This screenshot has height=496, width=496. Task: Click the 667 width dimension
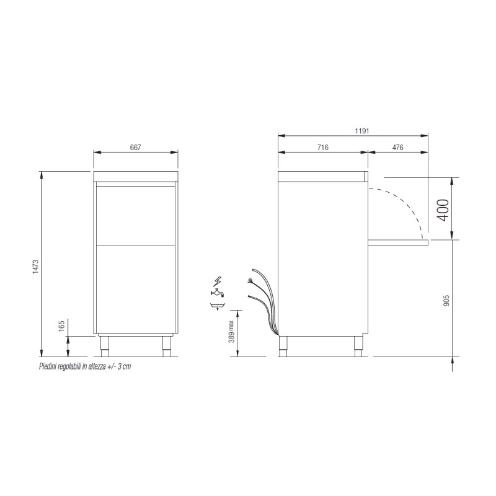coord(135,148)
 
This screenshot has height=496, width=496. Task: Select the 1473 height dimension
coord(35,267)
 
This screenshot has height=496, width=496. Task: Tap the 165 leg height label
coord(61,326)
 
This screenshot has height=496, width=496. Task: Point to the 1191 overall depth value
coord(362,131)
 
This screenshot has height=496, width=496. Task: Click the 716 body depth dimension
coord(322,148)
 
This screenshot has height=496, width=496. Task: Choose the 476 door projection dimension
coord(397,148)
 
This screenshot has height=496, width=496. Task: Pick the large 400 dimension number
coord(443,210)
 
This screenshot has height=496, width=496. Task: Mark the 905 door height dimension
coord(446,301)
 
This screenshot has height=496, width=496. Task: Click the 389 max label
coord(231,332)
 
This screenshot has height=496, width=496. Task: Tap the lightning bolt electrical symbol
coord(218,281)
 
